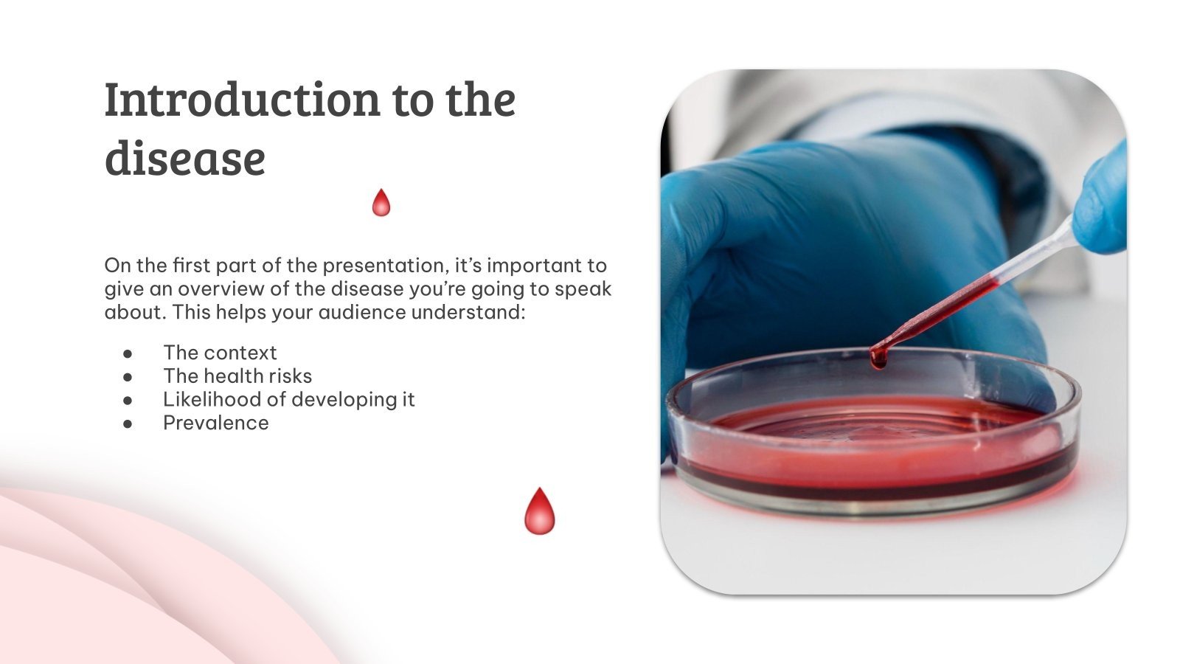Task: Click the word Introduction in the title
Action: pos(242,100)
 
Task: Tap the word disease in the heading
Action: pos(184,159)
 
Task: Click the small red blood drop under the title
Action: pos(381,203)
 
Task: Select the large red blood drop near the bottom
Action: pos(539,511)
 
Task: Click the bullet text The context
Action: pos(220,353)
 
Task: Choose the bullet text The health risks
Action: pos(237,376)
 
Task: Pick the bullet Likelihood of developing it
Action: pos(288,400)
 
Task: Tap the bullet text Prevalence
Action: pos(215,423)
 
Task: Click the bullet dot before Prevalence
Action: pos(128,423)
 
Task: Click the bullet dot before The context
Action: pos(128,353)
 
